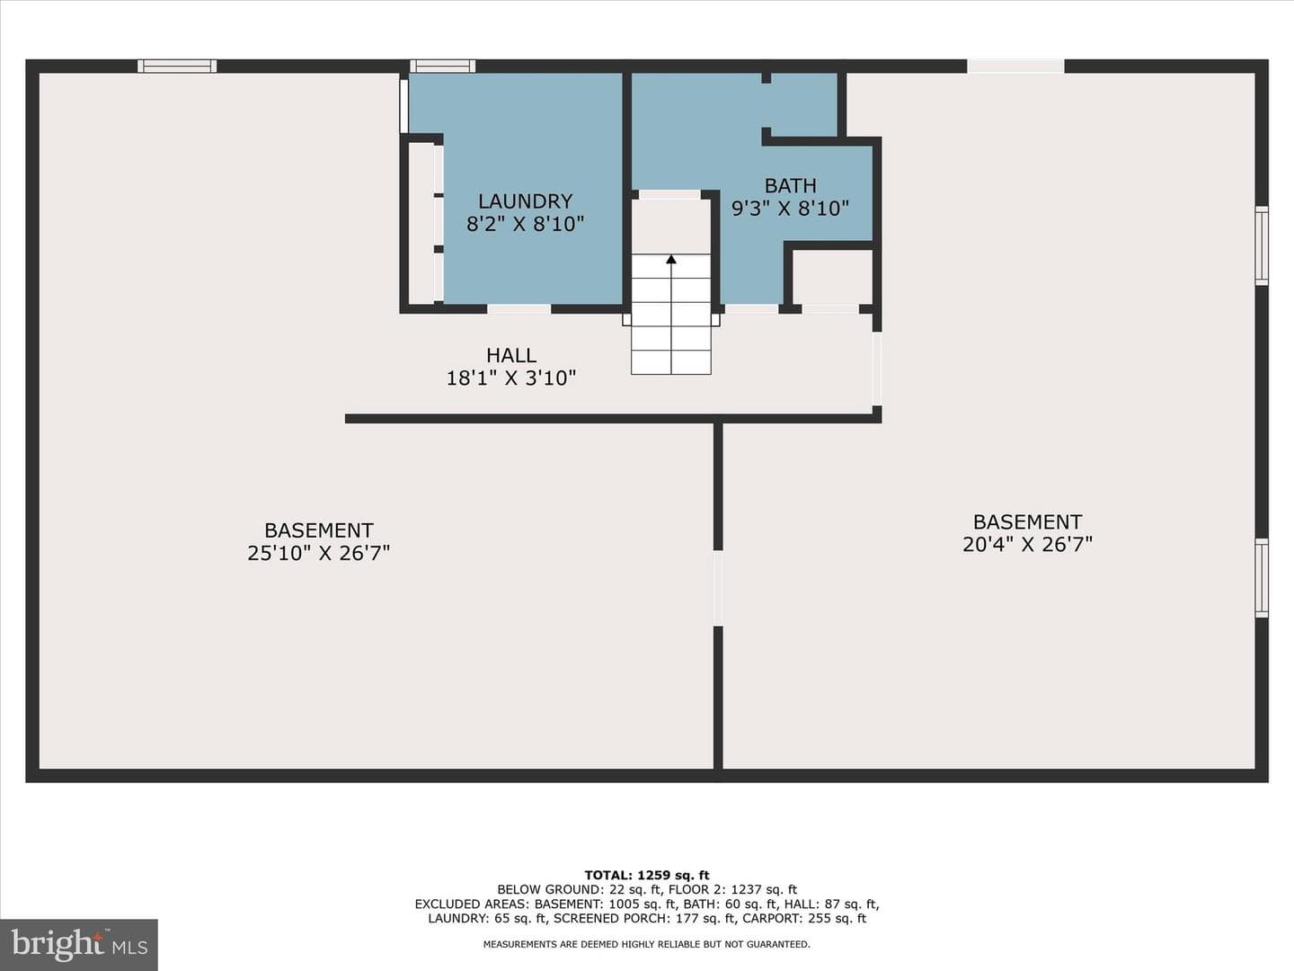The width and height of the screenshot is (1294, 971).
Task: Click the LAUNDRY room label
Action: (525, 201)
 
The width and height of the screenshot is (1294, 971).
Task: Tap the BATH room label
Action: (790, 186)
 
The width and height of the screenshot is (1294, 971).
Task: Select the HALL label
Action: (511, 355)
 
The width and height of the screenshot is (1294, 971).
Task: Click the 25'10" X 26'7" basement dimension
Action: (318, 553)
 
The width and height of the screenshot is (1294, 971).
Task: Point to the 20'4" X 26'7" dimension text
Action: (1027, 544)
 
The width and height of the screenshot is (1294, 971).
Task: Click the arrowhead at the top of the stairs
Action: (671, 259)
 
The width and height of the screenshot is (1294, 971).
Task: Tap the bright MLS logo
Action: (79, 944)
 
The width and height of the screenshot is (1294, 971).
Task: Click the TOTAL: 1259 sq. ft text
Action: (647, 876)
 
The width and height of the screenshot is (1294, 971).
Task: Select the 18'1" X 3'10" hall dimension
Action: (510, 378)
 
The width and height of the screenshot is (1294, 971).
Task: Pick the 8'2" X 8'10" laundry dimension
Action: (525, 224)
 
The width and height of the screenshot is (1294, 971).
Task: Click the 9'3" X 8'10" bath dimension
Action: (790, 208)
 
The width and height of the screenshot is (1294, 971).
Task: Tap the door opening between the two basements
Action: (717, 588)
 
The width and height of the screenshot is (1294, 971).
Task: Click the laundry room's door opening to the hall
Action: (518, 309)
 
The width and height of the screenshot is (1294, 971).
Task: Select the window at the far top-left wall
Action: (177, 66)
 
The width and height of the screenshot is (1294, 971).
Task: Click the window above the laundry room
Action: (443, 66)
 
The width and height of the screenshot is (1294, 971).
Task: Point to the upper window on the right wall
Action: (1261, 245)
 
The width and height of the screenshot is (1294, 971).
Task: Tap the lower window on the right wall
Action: (1261, 578)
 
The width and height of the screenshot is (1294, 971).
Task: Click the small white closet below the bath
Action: (832, 277)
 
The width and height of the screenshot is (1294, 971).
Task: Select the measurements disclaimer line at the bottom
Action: (647, 944)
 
